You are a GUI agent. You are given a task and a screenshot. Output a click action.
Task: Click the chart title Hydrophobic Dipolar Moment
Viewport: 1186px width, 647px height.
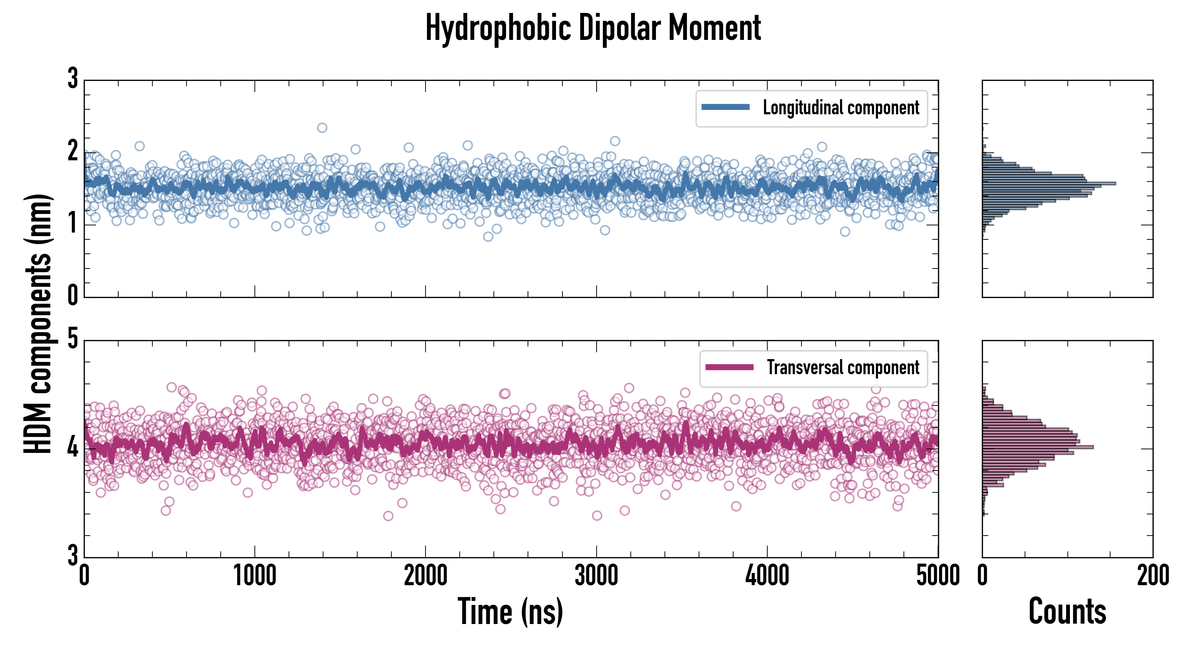[x=593, y=28]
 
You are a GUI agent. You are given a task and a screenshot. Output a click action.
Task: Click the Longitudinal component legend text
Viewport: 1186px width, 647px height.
[x=841, y=108]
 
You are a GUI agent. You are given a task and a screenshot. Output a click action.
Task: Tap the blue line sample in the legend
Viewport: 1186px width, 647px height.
[x=725, y=107]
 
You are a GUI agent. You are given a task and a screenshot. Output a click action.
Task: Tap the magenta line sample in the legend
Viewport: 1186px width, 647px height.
[x=729, y=367]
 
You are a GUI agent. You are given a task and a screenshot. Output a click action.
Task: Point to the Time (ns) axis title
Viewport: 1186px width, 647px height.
[x=510, y=611]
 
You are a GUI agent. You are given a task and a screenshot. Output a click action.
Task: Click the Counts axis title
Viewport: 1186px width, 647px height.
[x=1067, y=611]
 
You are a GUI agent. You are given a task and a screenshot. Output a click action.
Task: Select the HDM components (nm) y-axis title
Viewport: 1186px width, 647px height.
[x=38, y=324]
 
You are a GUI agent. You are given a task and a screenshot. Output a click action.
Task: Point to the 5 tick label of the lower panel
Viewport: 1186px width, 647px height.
[x=73, y=339]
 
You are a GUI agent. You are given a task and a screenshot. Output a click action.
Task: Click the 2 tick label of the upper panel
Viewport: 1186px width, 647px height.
[x=73, y=151]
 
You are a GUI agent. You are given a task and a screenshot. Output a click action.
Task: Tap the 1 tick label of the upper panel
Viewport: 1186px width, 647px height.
[x=73, y=224]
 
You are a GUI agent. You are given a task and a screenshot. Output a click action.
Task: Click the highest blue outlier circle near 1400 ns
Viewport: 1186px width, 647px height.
[x=322, y=128]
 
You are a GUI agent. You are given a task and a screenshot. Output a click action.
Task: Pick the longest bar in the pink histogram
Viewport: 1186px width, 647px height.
[x=1038, y=447]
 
